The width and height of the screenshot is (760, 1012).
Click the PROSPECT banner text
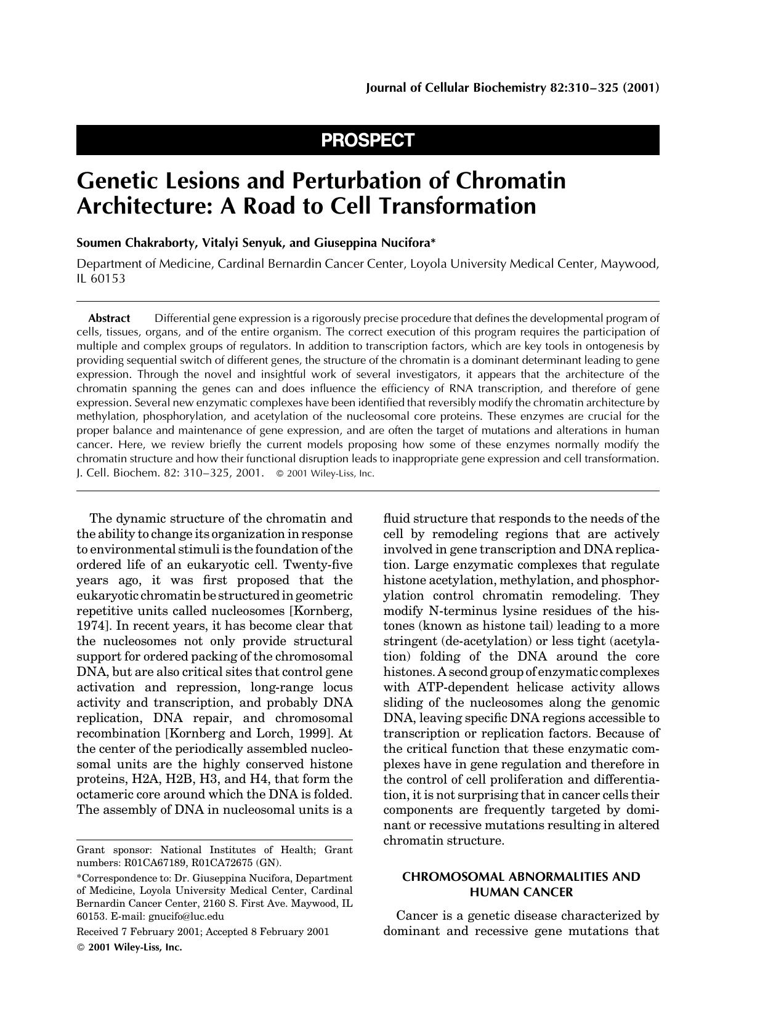click(x=367, y=140)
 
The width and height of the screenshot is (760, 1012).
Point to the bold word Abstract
click(x=109, y=318)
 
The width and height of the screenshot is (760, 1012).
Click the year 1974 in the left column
click(x=90, y=626)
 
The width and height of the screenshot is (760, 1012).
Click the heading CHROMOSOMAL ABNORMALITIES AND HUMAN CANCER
click(x=521, y=884)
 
